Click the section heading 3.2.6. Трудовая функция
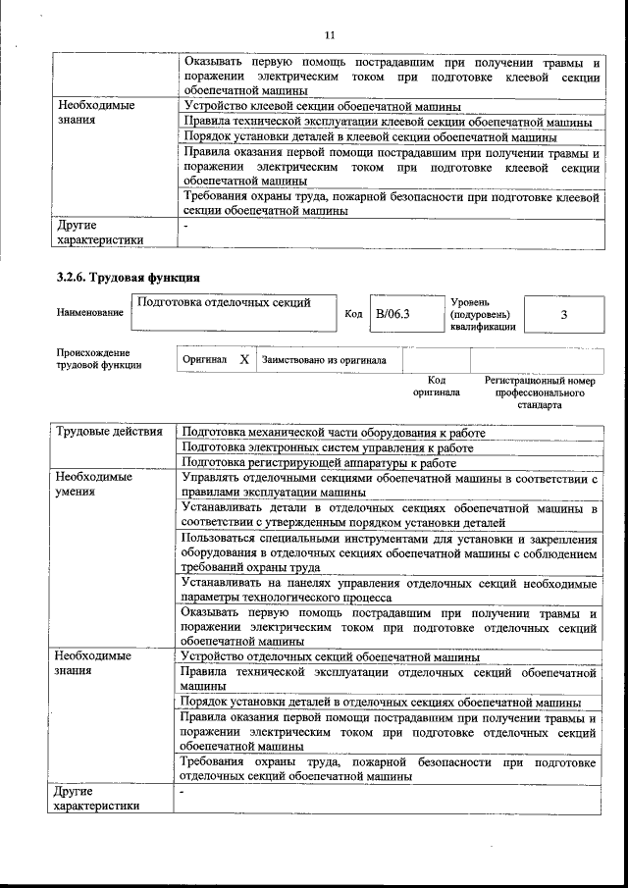tap(122, 277)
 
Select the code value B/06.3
tap(392, 315)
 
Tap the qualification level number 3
tap(563, 315)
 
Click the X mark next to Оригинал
tap(244, 360)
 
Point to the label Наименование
tap(90, 313)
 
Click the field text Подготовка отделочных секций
tap(224, 303)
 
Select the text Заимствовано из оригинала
tap(324, 360)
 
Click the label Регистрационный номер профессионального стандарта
tap(540, 392)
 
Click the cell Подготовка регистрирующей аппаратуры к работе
tap(320, 463)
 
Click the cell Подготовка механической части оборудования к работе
tap(334, 432)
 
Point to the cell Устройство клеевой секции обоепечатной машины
tap(321, 106)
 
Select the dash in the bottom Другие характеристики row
tap(182, 790)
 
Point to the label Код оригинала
tap(437, 386)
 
